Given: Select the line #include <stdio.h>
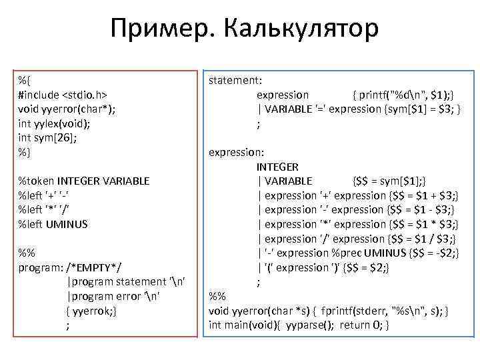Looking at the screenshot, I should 63,94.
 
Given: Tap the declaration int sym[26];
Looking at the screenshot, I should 48,137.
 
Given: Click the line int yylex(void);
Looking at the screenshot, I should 54,123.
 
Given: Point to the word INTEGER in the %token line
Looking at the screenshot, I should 77,181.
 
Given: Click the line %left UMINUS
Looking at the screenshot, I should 53,224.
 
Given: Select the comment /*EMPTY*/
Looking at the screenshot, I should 93,267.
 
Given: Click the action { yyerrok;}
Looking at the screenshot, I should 92,311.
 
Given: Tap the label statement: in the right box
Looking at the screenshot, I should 235,80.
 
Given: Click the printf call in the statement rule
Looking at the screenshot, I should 404,95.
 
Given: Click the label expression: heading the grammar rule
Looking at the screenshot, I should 237,152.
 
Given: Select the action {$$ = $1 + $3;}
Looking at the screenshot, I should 423,195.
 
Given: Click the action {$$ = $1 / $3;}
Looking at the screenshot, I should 423,239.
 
